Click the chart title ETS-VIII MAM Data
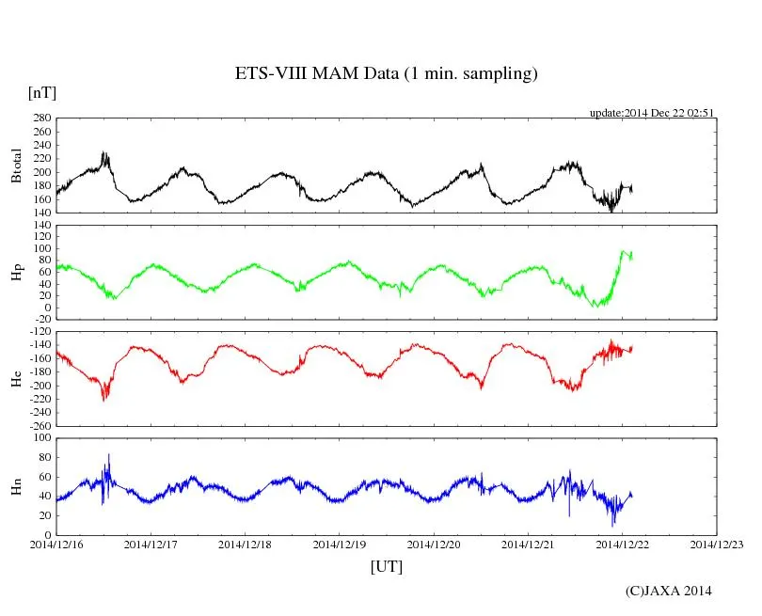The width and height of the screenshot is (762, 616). click(x=386, y=73)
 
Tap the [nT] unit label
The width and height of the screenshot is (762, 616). click(x=42, y=92)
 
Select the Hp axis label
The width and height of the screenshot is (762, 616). click(x=16, y=272)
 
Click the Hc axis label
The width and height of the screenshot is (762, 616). click(x=16, y=378)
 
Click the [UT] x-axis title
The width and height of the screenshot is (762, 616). click(x=386, y=566)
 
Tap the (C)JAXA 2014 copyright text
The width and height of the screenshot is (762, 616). click(x=668, y=591)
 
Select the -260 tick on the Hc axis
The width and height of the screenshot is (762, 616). click(x=39, y=425)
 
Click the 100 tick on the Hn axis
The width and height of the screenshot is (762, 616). click(x=42, y=438)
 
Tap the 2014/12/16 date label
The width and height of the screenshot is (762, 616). click(x=56, y=545)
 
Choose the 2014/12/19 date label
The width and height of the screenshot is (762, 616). click(x=339, y=545)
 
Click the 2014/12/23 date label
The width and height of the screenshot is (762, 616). click(x=716, y=545)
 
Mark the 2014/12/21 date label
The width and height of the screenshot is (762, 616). click(x=528, y=545)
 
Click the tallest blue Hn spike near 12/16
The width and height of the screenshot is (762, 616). click(x=108, y=455)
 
